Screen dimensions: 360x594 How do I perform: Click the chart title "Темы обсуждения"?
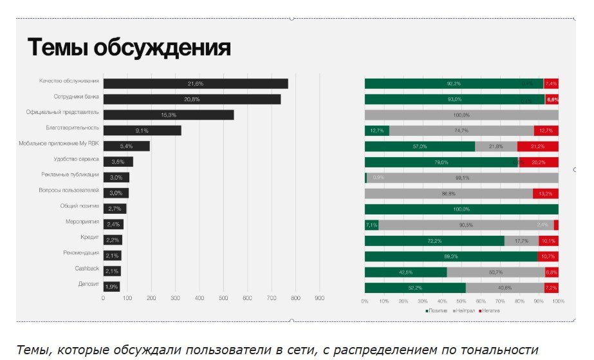coord(129,49)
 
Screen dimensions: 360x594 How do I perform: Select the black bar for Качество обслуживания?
coord(195,84)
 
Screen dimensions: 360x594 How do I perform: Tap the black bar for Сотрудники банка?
coord(192,99)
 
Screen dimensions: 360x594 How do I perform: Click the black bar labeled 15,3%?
coord(168,115)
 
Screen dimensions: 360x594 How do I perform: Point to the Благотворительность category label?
coord(73,128)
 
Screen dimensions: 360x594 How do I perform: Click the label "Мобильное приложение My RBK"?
coord(59,144)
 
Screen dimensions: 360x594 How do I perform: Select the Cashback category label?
coord(87,269)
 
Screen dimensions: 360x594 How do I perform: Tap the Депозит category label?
coord(88,284)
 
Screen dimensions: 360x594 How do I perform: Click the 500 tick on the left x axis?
coord(223,298)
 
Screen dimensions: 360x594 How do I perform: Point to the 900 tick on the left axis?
coord(319,298)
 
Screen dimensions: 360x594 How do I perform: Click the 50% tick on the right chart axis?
coord(461,301)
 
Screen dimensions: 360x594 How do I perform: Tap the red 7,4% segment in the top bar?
coord(551,84)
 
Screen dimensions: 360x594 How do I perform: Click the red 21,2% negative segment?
coord(537,146)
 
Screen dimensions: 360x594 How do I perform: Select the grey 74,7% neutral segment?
coord(461,131)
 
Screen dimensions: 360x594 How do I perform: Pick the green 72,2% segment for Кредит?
coord(434,240)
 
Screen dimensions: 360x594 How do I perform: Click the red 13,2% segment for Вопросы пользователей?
coord(545,193)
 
